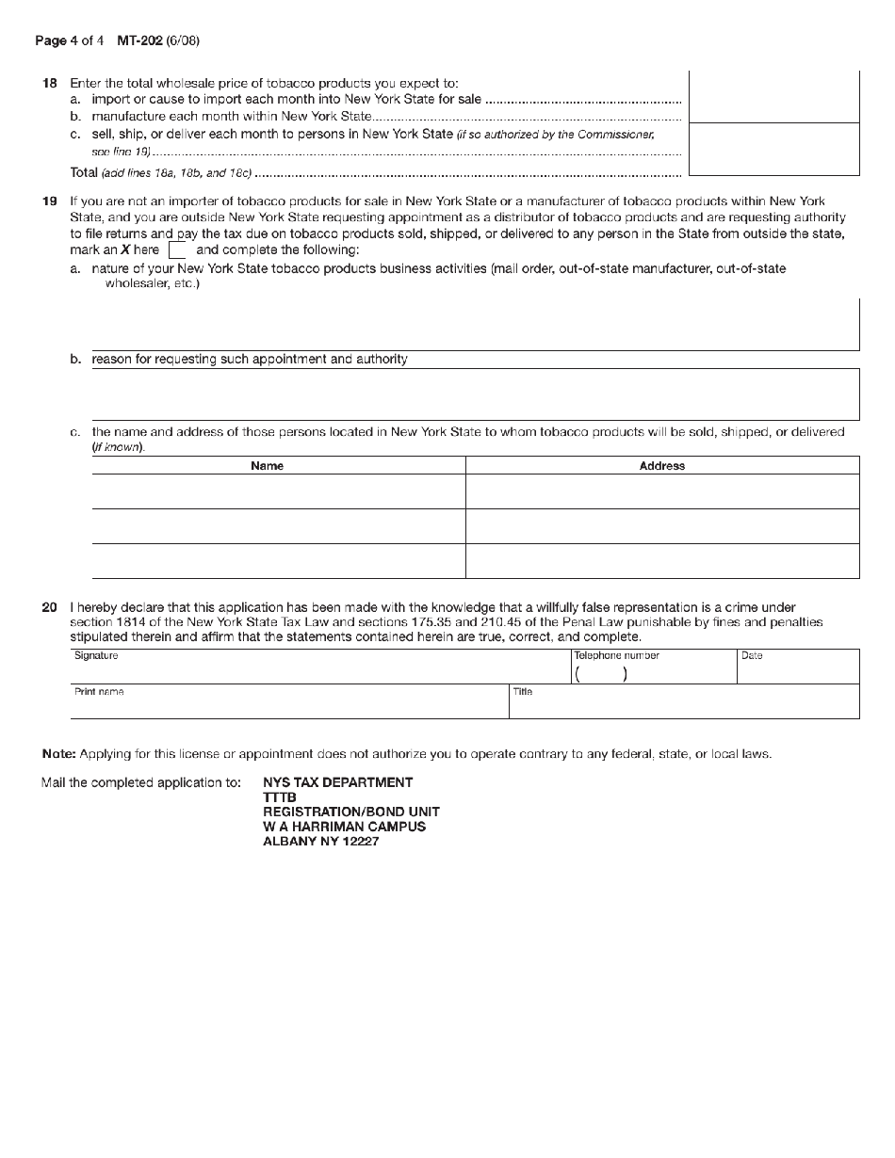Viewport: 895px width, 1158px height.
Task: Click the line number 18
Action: pyautogui.click(x=50, y=84)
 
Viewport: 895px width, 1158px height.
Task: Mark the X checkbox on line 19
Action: pyautogui.click(x=176, y=251)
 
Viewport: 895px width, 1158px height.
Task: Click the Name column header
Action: pyautogui.click(x=268, y=466)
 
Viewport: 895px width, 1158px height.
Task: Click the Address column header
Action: pyautogui.click(x=662, y=466)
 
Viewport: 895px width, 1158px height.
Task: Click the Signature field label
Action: pyautogui.click(x=96, y=655)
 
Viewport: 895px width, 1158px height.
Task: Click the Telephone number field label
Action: pyautogui.click(x=616, y=655)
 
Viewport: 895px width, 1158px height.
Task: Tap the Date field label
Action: pyautogui.click(x=752, y=655)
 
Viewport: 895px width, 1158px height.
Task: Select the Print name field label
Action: pyautogui.click(x=99, y=691)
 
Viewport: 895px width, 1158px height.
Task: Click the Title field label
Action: pyautogui.click(x=523, y=691)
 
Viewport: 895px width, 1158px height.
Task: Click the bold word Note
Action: pyautogui.click(x=58, y=754)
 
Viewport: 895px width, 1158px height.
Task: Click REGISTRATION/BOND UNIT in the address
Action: pyautogui.click(x=350, y=812)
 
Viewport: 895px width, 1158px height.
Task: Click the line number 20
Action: pyautogui.click(x=50, y=608)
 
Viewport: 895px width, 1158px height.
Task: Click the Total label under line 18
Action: pyautogui.click(x=84, y=173)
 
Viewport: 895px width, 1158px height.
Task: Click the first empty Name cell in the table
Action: pyautogui.click(x=278, y=491)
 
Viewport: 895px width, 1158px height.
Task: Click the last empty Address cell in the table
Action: pyautogui.click(x=662, y=561)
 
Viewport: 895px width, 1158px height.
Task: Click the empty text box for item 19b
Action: pyautogui.click(x=475, y=394)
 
